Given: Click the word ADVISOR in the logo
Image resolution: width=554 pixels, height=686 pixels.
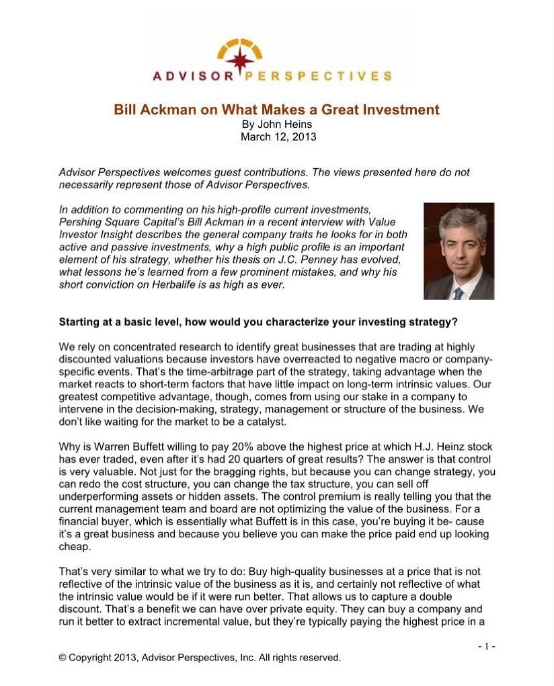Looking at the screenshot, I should [x=190, y=77].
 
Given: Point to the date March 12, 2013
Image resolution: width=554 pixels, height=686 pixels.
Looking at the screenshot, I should [x=278, y=137].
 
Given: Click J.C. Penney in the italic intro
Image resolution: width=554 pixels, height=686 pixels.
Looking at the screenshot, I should [x=324, y=260].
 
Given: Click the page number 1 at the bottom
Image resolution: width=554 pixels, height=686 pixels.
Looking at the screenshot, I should [x=487, y=646].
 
